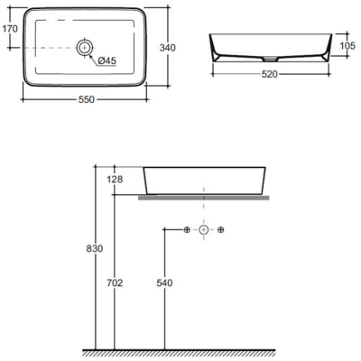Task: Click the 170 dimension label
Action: (x=10, y=29)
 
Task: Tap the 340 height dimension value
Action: (x=167, y=48)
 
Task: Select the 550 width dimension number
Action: (x=87, y=99)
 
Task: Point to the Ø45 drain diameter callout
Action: (x=106, y=61)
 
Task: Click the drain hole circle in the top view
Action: (x=85, y=48)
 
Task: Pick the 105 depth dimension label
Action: (x=347, y=46)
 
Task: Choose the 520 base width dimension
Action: (x=269, y=74)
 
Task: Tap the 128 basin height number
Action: (x=115, y=180)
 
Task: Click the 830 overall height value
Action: (x=95, y=249)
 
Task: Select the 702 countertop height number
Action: (x=115, y=283)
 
